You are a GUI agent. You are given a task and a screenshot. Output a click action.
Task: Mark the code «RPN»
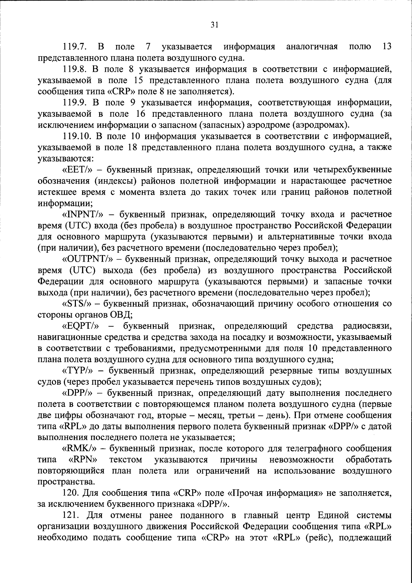(82, 460)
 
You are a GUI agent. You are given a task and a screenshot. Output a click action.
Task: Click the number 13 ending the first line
(387, 47)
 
